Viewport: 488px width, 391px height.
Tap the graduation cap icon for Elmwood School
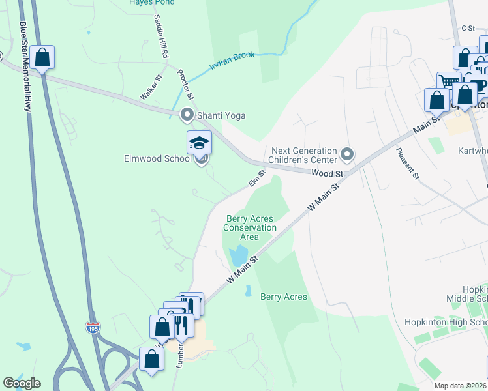click(199, 143)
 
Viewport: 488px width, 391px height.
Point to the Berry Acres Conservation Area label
click(250, 227)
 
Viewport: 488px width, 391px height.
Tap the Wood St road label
click(327, 174)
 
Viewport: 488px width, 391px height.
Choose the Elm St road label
click(256, 178)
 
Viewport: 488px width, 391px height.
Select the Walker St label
click(150, 87)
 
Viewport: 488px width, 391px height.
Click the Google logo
click(21, 383)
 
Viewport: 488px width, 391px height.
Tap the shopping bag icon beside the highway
click(42, 57)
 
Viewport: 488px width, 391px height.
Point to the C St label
click(467, 27)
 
